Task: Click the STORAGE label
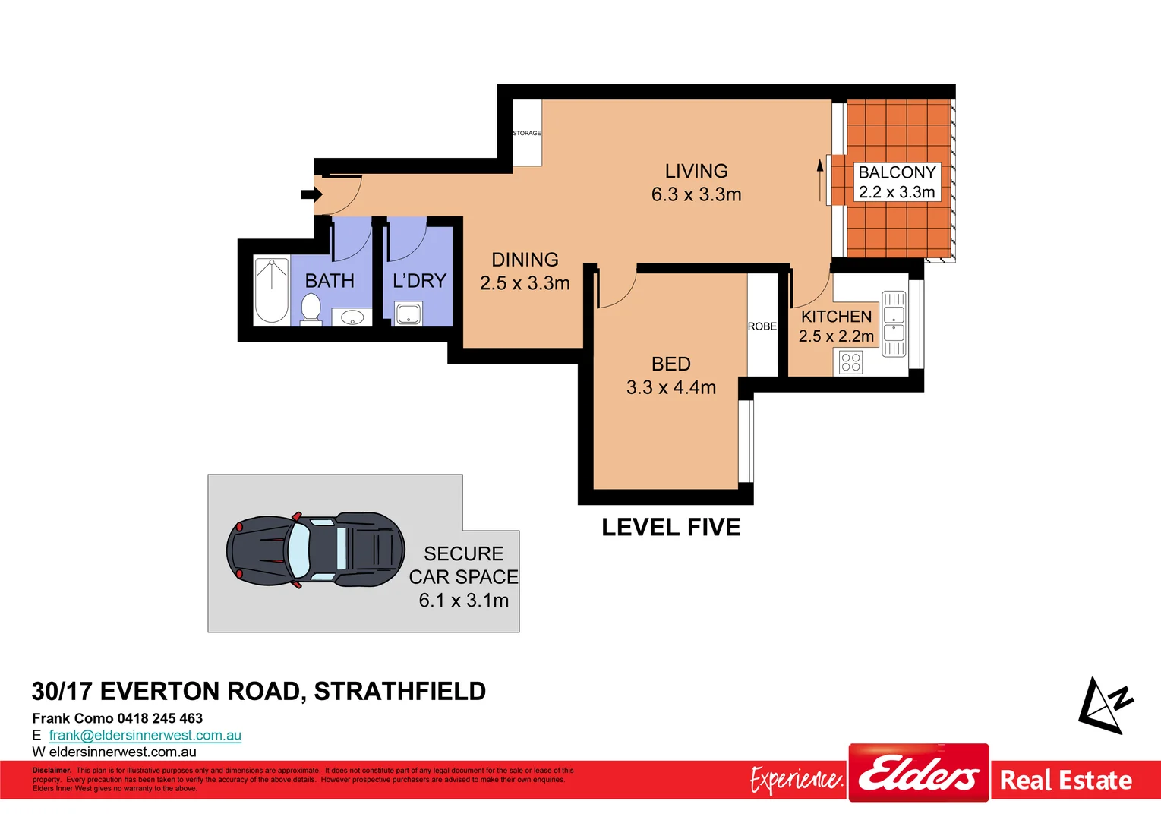(527, 133)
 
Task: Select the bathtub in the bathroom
(271, 291)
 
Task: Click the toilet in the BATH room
(311, 311)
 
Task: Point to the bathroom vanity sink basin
(352, 317)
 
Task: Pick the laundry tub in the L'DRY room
(409, 314)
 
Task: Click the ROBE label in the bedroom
(762, 326)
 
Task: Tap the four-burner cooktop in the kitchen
(851, 362)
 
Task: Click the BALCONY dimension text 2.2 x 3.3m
(897, 193)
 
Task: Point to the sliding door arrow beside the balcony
(820, 180)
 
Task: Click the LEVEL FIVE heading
(670, 528)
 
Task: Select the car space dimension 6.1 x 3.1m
(464, 601)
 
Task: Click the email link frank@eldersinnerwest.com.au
(145, 735)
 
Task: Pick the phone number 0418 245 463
(160, 718)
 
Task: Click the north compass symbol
(1105, 706)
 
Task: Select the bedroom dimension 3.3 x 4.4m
(671, 388)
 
